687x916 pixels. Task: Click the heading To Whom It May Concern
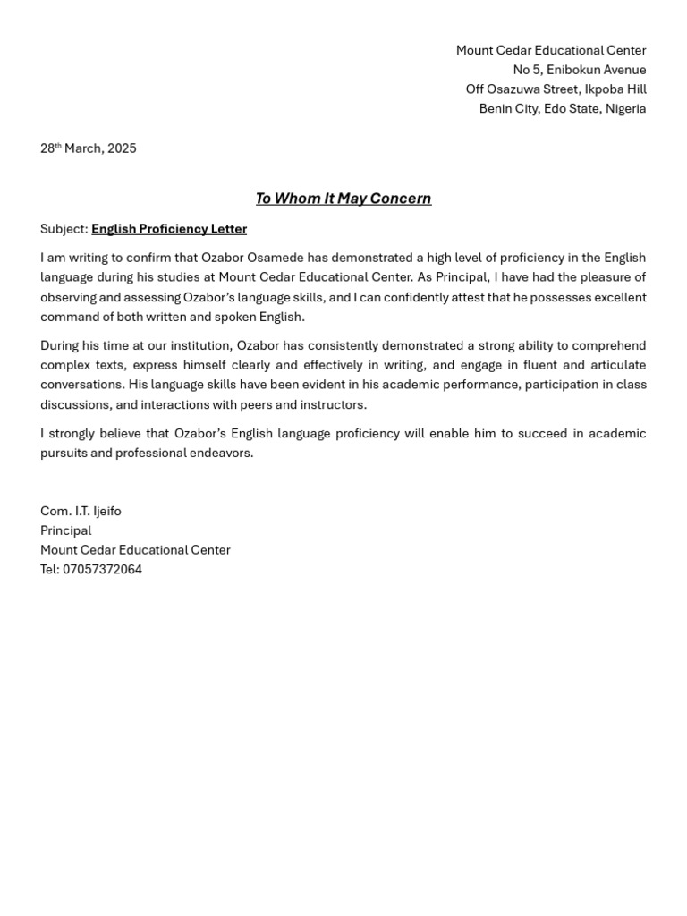[343, 199]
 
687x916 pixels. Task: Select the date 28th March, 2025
[88, 148]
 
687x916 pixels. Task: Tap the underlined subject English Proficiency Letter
[169, 229]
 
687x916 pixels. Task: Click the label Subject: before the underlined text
[64, 229]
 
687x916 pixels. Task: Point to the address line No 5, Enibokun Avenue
[579, 70]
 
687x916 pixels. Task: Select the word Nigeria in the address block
[625, 109]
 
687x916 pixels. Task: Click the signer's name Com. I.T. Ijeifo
[81, 511]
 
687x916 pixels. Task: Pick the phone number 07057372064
[102, 569]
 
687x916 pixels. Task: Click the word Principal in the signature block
[65, 530]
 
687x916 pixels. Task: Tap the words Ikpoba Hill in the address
[615, 89]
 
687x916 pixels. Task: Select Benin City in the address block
[507, 109]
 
